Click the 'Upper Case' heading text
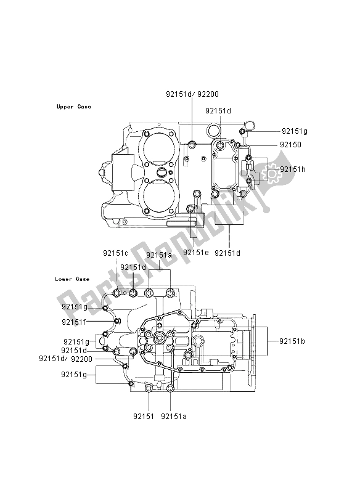coord(73,107)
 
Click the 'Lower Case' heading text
coord(72,279)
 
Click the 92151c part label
coord(115,253)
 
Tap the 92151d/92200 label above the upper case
coord(192,95)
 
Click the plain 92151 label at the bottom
coord(146,416)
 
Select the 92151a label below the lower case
coord(174,416)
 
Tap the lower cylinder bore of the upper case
coord(160,196)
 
